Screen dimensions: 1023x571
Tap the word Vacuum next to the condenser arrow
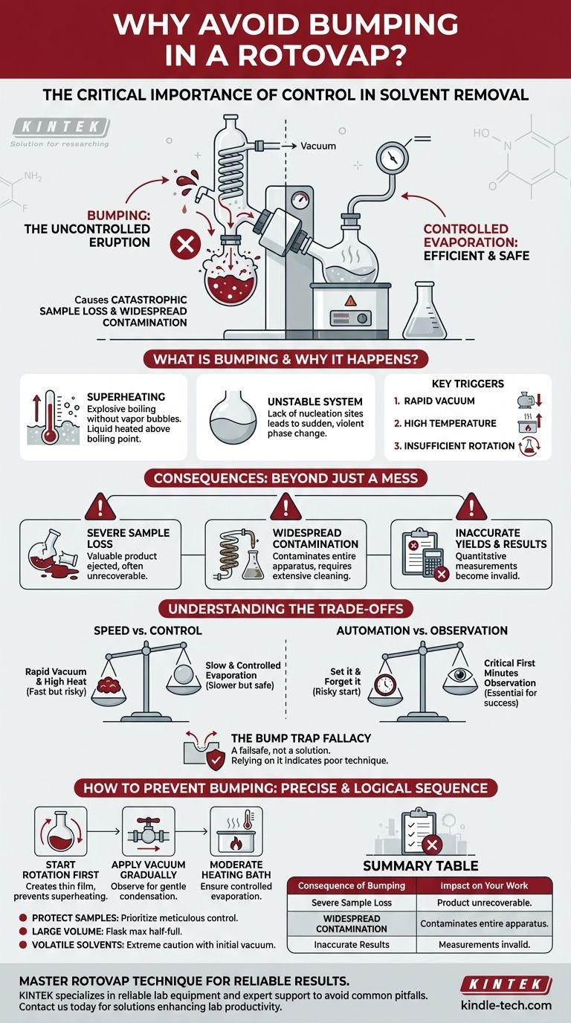(x=318, y=146)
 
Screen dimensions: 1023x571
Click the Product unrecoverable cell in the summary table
(x=485, y=903)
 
